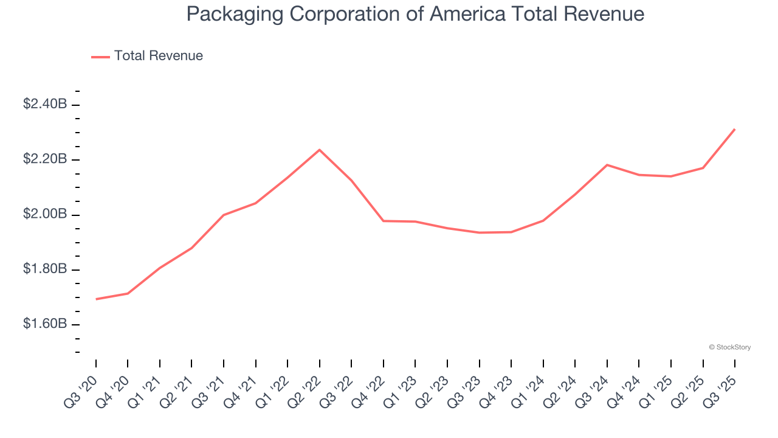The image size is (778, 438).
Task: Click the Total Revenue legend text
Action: tap(158, 56)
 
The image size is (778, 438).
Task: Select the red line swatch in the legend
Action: tap(100, 57)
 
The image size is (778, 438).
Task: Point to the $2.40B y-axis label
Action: tap(45, 105)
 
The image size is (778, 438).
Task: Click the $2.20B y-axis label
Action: tap(45, 159)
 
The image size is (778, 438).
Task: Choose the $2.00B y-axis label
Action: tap(45, 215)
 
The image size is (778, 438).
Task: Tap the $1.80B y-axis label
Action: tap(45, 269)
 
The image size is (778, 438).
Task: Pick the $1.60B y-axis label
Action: tap(45, 324)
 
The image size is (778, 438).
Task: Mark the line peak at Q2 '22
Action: tap(320, 150)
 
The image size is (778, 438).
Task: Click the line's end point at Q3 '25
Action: tap(735, 129)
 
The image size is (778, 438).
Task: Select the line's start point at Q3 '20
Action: tap(96, 299)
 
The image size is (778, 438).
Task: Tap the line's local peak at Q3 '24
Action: tap(607, 165)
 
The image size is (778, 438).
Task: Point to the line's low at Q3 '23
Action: tap(480, 232)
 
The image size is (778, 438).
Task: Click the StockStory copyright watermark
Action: tap(730, 347)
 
